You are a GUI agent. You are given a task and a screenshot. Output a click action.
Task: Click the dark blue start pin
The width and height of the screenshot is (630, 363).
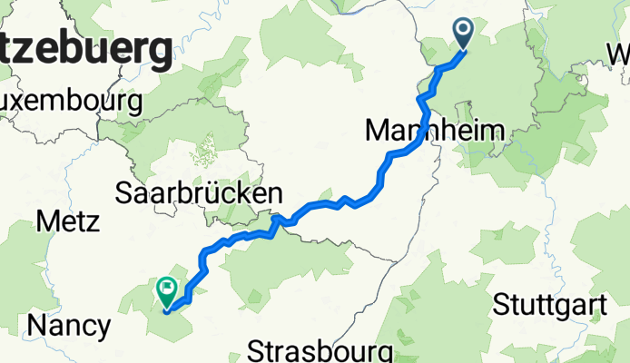click(x=464, y=34)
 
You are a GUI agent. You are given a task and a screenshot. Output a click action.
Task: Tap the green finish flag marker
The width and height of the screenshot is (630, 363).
click(x=168, y=290)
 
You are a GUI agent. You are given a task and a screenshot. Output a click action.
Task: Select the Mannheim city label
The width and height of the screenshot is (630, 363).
click(x=433, y=131)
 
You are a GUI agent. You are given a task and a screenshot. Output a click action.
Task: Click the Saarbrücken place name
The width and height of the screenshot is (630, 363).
click(x=199, y=193)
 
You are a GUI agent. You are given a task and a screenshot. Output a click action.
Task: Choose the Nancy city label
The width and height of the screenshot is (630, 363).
click(x=69, y=325)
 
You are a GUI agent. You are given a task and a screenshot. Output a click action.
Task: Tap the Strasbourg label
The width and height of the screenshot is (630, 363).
click(x=320, y=351)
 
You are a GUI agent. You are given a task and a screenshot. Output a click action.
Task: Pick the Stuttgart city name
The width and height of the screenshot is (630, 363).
click(x=550, y=306)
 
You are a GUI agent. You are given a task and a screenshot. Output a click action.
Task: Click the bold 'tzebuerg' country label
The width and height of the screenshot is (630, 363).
click(x=87, y=49)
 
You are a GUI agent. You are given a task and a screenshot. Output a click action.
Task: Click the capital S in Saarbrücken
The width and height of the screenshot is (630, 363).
click(x=124, y=193)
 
